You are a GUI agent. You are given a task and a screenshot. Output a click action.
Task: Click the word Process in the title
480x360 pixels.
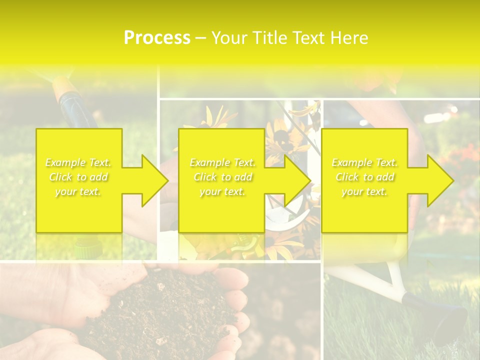click(157, 38)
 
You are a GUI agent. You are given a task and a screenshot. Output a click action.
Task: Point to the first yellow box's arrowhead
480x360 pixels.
click(150, 180)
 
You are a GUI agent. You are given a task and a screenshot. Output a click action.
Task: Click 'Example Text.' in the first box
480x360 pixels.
click(78, 162)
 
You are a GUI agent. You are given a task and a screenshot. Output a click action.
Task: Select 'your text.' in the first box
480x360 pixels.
click(78, 191)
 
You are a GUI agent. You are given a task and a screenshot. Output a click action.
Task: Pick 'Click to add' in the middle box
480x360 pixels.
click(222, 177)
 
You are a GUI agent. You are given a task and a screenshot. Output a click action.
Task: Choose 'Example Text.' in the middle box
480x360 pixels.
click(222, 162)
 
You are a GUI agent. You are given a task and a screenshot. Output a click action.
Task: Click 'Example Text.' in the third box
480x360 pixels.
click(364, 162)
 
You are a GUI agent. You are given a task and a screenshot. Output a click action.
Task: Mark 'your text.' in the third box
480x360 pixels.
click(364, 191)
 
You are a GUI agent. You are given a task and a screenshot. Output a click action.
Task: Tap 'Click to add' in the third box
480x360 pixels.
click(364, 177)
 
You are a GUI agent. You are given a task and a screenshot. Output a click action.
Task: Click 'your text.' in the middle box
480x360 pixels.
click(222, 191)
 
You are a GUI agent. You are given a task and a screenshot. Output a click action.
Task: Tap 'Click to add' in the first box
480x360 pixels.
click(78, 177)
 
